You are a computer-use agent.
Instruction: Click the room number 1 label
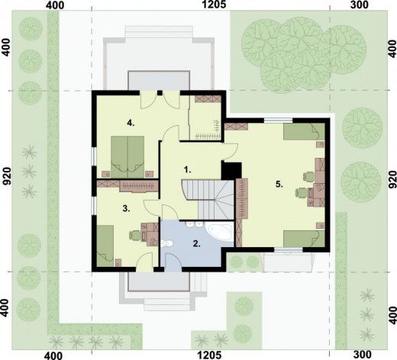tap(187, 169)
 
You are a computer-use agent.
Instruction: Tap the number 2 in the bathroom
tap(196, 244)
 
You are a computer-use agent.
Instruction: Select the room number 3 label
tap(126, 208)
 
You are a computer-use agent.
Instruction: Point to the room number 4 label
tap(131, 124)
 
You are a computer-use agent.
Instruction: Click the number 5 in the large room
tap(279, 185)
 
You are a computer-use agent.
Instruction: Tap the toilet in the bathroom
tap(167, 244)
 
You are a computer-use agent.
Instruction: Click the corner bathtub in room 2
tap(220, 232)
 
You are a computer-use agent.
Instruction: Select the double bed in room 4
tap(127, 157)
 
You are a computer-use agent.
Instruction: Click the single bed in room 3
tap(105, 246)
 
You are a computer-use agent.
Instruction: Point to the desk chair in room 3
tap(135, 235)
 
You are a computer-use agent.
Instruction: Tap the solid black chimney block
tap(231, 171)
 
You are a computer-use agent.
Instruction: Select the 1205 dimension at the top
tap(214, 5)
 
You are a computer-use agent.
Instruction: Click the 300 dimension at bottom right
tap(363, 355)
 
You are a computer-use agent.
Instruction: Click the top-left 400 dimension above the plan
tap(55, 5)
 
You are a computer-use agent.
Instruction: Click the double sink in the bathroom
tap(195, 224)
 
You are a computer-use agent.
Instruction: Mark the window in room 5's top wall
tap(278, 121)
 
